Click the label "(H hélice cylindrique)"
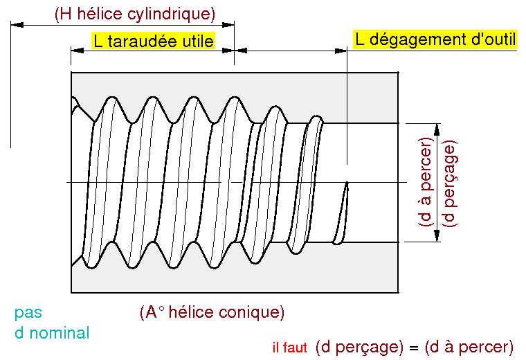coord(135,14)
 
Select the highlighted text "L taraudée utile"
coord(154,41)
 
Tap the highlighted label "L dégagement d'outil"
coord(435,39)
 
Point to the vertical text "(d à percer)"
coord(426,181)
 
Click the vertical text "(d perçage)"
coord(449,183)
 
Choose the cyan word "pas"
coord(28,313)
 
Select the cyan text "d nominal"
coord(52,333)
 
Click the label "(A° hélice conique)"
coord(212,312)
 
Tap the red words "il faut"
coord(289,348)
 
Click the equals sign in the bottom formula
coord(414,348)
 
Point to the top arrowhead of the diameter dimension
coord(437,129)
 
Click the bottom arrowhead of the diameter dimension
coord(437,236)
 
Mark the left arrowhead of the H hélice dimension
coord(17,24)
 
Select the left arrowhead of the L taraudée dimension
coord(77,51)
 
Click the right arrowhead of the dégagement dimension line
coord(341,51)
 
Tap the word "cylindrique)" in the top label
coord(171,14)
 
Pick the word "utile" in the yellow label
coord(198,41)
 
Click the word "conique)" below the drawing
coord(252,312)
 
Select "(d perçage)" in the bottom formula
coord(359,348)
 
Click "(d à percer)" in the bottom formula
coord(469,348)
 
